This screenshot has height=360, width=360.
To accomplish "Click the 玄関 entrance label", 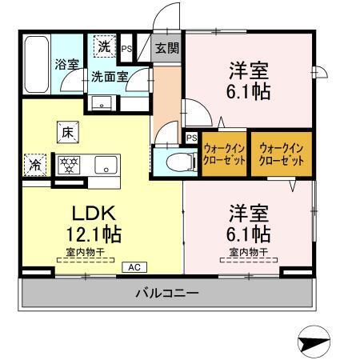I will click(x=166, y=47).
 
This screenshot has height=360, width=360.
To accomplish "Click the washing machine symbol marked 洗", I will click(x=105, y=46).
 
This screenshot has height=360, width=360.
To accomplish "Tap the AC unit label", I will click(x=134, y=266).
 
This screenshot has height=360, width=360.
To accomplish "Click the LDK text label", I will click(x=95, y=214).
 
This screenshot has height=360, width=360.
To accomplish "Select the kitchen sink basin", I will click(x=104, y=166).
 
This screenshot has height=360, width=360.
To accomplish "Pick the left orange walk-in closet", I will click(x=222, y=154).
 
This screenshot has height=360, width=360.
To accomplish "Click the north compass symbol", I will click(x=313, y=343).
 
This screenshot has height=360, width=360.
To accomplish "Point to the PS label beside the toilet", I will click(x=191, y=138).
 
